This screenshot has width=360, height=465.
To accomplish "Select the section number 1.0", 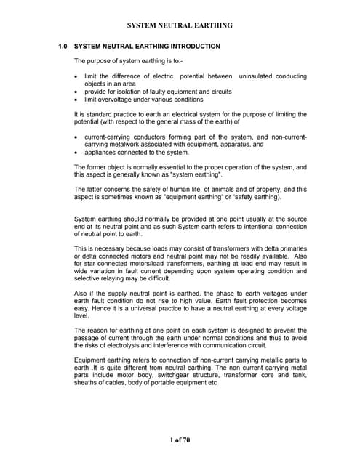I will coord(64,46).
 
